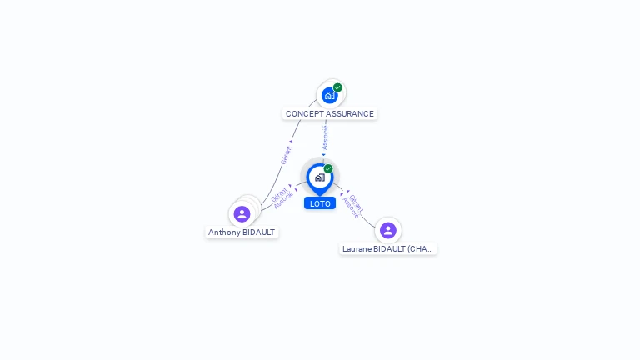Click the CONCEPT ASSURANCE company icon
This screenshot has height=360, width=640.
pyautogui.click(x=330, y=96)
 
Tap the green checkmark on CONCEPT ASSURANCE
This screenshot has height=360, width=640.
pyautogui.click(x=337, y=87)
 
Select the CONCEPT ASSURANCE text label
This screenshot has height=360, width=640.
pyautogui.click(x=330, y=114)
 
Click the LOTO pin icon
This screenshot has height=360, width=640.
pyautogui.click(x=319, y=177)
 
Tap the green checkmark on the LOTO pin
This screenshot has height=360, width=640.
pyautogui.click(x=328, y=169)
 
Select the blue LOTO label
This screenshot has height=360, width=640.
pyautogui.click(x=320, y=203)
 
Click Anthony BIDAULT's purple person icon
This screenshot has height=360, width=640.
pyautogui.click(x=242, y=214)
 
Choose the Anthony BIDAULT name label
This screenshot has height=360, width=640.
pyautogui.click(x=242, y=232)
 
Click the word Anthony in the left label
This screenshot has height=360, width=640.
pyautogui.click(x=223, y=232)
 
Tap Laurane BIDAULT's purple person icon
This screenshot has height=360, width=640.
pyautogui.click(x=387, y=230)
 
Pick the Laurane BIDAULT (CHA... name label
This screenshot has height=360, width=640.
pyautogui.click(x=388, y=248)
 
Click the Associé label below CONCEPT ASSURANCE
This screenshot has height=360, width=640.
pyautogui.click(x=325, y=137)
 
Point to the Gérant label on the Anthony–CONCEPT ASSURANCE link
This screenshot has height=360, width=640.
pyautogui.click(x=286, y=155)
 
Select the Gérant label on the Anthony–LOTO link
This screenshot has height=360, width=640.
pyautogui.click(x=278, y=194)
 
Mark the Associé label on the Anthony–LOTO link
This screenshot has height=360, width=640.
pyautogui.click(x=283, y=200)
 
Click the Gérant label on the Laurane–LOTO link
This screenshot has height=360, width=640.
pyautogui.click(x=357, y=202)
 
